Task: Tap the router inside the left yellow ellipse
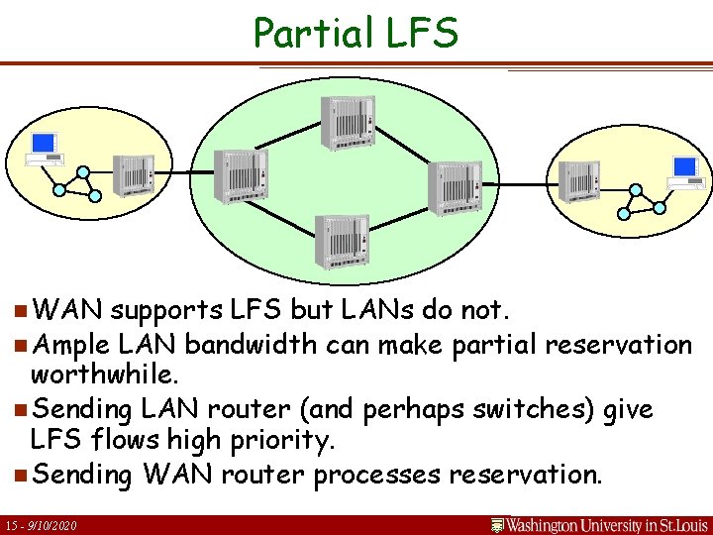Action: coord(133,175)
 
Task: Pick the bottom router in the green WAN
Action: coord(342,242)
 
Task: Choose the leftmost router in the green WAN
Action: coord(237,178)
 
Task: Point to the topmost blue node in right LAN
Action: coord(635,189)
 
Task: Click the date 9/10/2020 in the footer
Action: coord(52,524)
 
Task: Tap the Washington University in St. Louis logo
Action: coord(597,523)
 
